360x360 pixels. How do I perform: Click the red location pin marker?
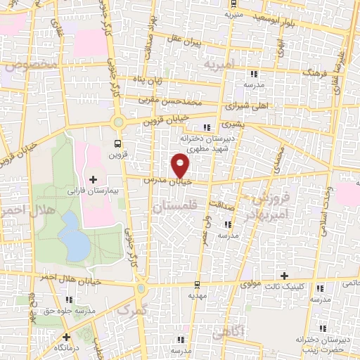[x=181, y=166]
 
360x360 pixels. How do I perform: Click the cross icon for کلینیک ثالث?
[x=284, y=276]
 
